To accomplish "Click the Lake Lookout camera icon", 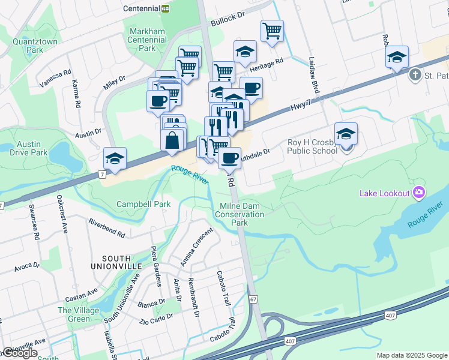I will click(x=419, y=193).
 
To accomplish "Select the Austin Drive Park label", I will click(x=28, y=148).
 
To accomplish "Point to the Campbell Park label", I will click(x=143, y=204).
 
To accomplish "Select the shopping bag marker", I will click(x=172, y=140).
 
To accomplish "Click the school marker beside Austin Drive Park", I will click(x=115, y=159).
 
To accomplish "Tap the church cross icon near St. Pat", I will click(x=415, y=75).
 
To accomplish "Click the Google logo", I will click(x=19, y=353).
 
